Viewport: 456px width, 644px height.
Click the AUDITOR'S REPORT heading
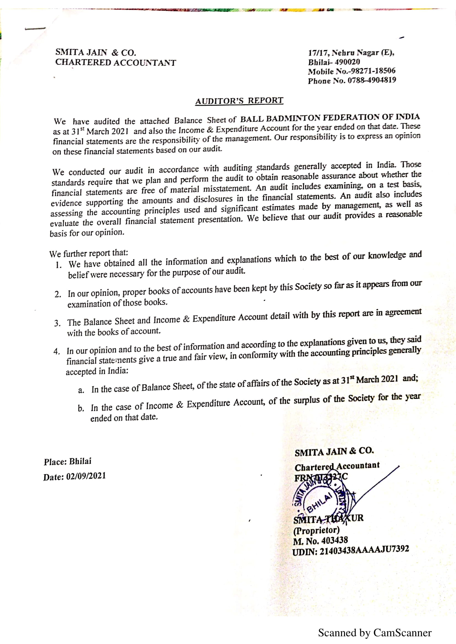point(239,101)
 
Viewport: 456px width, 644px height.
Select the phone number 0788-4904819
point(372,80)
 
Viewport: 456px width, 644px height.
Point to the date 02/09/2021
point(86,476)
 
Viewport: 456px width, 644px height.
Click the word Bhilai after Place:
point(80,461)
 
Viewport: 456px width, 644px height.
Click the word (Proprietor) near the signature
point(316,530)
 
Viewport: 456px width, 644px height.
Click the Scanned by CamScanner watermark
point(375,633)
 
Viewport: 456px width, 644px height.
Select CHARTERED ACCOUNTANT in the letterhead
point(116,62)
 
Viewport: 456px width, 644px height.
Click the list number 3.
point(57,323)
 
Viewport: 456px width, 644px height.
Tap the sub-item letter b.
point(81,408)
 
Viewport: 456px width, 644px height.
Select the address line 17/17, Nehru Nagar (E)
point(351,53)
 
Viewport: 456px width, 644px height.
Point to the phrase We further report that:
point(89,253)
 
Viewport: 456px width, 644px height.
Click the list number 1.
point(58,265)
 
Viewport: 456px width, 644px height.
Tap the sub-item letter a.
point(81,390)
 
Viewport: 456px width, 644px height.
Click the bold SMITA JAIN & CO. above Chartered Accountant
point(334,452)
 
